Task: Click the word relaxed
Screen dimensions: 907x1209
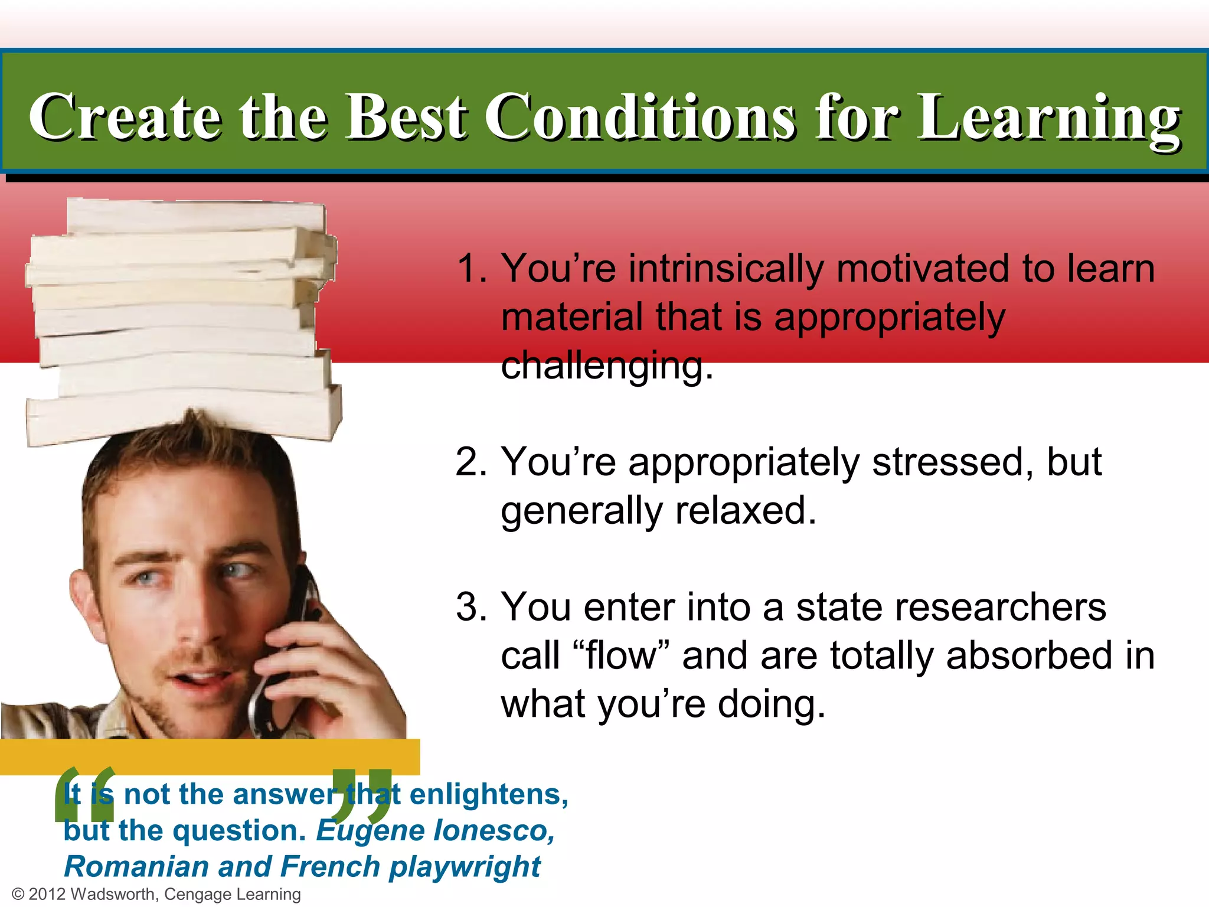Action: point(746,511)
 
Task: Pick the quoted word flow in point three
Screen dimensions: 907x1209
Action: point(620,655)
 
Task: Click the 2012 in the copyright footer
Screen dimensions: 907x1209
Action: point(47,894)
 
